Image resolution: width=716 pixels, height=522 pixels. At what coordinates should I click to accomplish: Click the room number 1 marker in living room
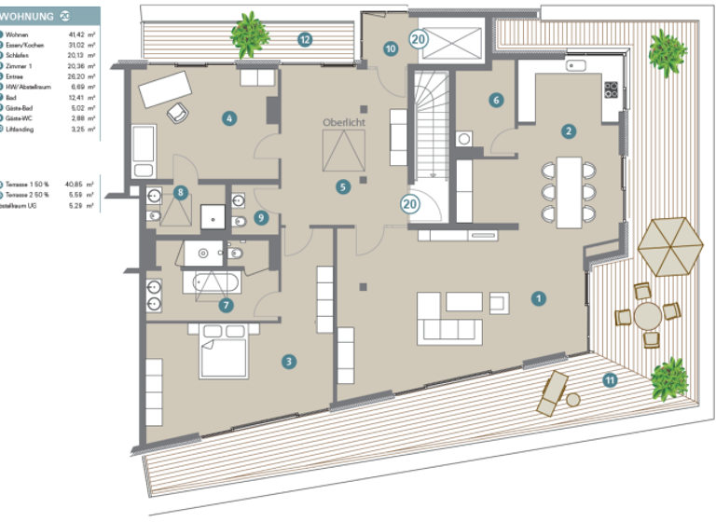point(537,299)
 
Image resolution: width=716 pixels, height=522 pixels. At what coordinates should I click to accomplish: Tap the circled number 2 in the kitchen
point(568,130)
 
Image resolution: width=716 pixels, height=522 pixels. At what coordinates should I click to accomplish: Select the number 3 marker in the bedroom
point(290,361)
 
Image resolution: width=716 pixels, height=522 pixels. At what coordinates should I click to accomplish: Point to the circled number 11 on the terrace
point(610,379)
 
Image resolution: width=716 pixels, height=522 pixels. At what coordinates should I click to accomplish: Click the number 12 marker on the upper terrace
point(304,39)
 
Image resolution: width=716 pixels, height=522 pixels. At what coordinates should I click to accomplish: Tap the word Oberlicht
point(344,123)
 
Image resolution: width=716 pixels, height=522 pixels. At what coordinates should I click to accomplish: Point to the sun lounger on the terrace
point(550,391)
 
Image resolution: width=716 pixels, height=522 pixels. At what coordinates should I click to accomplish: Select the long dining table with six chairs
point(568,192)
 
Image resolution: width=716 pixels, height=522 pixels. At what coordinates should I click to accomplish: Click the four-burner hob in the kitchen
point(613,90)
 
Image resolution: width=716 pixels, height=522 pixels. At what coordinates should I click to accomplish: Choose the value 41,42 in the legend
point(80,34)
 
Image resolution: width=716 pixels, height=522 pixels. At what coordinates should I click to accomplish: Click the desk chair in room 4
point(177,112)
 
